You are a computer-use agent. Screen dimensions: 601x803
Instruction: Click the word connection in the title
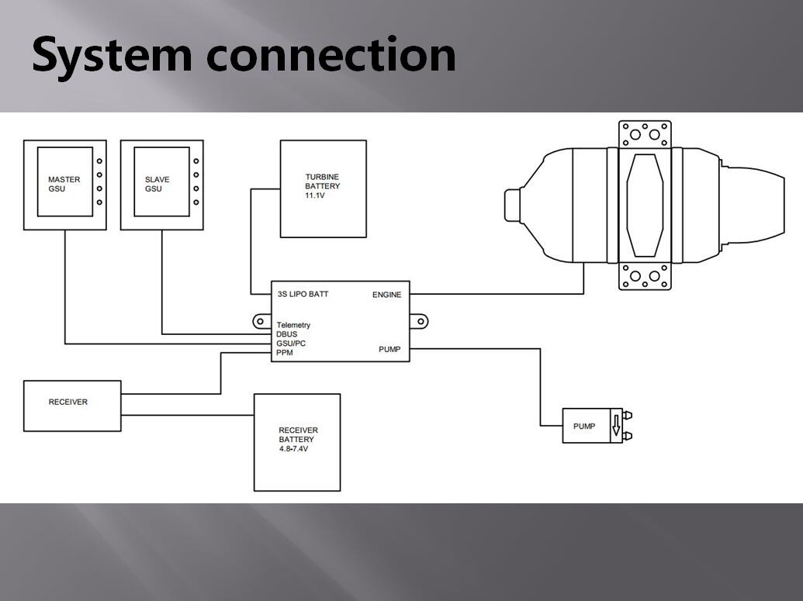coord(331,56)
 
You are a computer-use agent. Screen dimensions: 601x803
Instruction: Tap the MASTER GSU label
coord(64,185)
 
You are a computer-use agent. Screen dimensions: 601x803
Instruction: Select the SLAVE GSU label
coord(157,185)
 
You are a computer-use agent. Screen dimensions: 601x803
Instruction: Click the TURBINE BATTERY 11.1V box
coord(323,188)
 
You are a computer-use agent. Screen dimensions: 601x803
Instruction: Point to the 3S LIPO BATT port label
coord(303,295)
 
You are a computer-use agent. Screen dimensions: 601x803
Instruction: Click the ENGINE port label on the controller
coord(386,295)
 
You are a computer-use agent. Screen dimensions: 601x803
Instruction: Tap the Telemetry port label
coord(293,325)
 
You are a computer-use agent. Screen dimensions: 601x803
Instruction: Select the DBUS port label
coord(286,334)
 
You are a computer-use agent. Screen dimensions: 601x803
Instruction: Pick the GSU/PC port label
coord(290,344)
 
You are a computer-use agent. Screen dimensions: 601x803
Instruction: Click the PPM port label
coord(285,353)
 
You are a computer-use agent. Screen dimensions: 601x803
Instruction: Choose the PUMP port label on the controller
coord(389,350)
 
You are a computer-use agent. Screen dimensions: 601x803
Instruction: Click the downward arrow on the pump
coord(616,426)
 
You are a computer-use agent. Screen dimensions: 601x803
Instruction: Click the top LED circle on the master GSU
coord(99,161)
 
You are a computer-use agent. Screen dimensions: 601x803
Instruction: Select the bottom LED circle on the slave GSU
coord(196,202)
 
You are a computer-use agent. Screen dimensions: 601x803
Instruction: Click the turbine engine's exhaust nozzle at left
coord(512,206)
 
